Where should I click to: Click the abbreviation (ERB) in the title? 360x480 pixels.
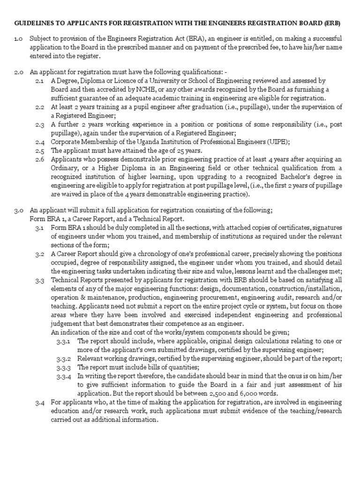[332, 23]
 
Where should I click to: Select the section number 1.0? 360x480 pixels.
[19, 38]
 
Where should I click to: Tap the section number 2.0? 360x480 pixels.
[19, 72]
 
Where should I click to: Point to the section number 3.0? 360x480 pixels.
[19, 210]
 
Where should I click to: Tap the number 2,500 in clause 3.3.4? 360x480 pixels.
[226, 393]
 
